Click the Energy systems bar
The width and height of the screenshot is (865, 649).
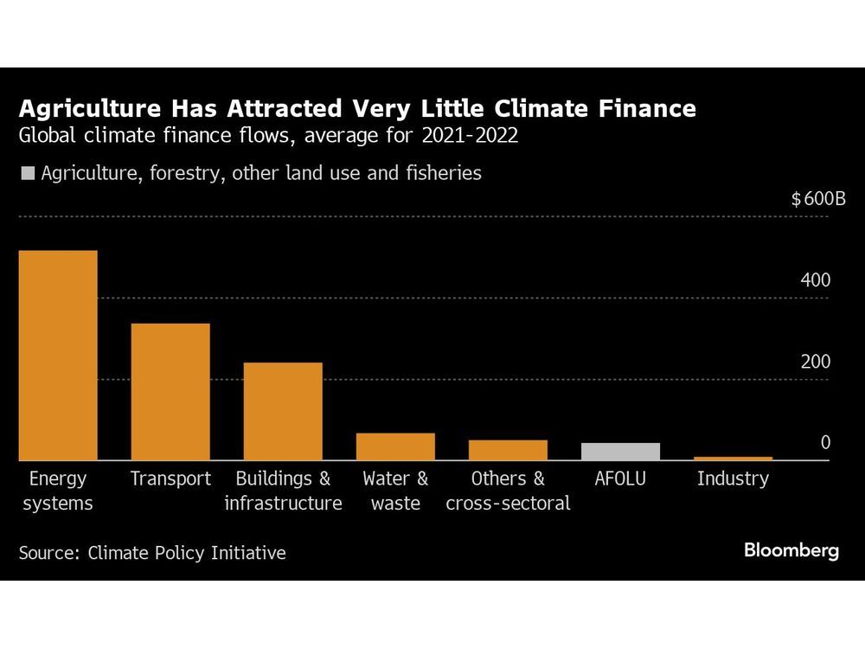click(x=58, y=356)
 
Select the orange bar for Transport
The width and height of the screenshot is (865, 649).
click(x=170, y=392)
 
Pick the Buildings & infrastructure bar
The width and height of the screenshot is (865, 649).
click(x=283, y=412)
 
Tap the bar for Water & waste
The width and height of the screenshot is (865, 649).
click(x=395, y=447)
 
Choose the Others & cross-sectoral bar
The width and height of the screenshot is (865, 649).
click(x=508, y=450)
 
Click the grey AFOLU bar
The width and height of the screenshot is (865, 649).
click(x=620, y=452)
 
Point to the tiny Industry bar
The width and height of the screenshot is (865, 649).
click(x=733, y=458)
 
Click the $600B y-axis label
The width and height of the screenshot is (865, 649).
click(x=817, y=200)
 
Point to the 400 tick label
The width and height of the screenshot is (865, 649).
click(x=815, y=280)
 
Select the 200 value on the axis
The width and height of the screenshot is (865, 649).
click(x=815, y=362)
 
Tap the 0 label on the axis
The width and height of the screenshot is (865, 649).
click(x=824, y=443)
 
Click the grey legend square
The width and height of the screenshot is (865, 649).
click(x=27, y=173)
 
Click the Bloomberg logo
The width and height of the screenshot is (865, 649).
click(x=791, y=550)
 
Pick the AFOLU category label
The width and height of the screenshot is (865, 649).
click(x=620, y=479)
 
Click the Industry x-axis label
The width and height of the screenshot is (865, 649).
click(x=733, y=479)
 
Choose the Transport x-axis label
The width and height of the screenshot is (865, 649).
click(x=170, y=479)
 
